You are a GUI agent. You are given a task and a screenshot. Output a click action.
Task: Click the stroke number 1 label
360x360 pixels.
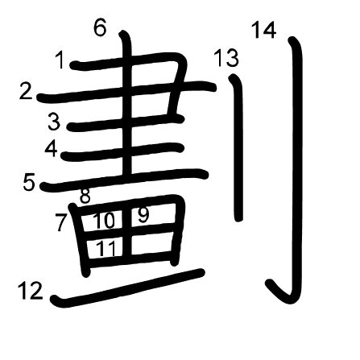[x=60, y=60]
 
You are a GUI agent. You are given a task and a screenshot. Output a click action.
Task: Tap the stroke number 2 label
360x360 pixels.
[x=26, y=91]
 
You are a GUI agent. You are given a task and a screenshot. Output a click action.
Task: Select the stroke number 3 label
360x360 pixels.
[x=55, y=122]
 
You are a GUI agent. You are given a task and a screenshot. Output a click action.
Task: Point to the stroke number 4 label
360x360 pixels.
[x=52, y=149]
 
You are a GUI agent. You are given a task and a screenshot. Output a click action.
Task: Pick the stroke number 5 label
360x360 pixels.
[x=29, y=182]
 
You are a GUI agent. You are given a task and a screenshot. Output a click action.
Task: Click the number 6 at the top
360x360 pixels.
[x=100, y=28]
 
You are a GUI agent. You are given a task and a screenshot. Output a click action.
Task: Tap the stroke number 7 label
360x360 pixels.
[x=61, y=223]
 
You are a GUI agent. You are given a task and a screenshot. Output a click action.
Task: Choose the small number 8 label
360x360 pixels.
[x=85, y=197]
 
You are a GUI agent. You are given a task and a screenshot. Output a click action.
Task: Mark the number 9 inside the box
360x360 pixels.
[x=143, y=215]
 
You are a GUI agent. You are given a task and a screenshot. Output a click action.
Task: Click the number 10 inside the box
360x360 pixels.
[x=104, y=221]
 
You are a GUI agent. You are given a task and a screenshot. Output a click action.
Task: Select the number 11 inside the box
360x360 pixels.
[x=106, y=248]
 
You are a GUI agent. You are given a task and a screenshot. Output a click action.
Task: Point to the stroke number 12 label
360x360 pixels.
[x=31, y=291]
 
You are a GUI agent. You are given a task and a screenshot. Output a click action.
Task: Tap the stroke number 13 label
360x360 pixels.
[x=226, y=58]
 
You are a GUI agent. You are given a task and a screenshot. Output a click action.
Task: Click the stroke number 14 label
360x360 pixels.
[x=264, y=30]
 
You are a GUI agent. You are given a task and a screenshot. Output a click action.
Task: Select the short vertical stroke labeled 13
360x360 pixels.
[x=238, y=147]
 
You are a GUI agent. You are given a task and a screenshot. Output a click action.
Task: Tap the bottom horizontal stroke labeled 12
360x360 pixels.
[x=127, y=288]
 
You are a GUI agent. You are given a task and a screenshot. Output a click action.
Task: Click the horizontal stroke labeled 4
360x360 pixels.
[x=122, y=152]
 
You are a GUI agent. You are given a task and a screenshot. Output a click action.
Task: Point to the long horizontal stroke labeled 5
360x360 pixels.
[x=124, y=180]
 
